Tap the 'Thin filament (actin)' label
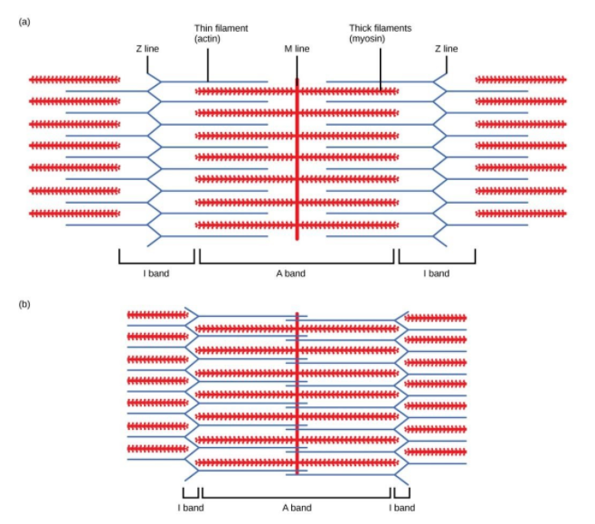[x=221, y=34]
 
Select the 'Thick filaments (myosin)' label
[x=380, y=34]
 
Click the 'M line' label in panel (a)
[x=297, y=48]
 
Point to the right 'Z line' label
[x=446, y=48]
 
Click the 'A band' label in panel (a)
[x=296, y=273]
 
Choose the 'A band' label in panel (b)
[x=296, y=508]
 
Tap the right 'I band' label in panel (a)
[x=436, y=273]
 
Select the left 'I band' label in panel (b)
[x=190, y=508]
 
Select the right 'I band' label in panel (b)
[x=402, y=508]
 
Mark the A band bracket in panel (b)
[x=296, y=496]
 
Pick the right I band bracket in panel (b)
[x=402, y=496]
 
